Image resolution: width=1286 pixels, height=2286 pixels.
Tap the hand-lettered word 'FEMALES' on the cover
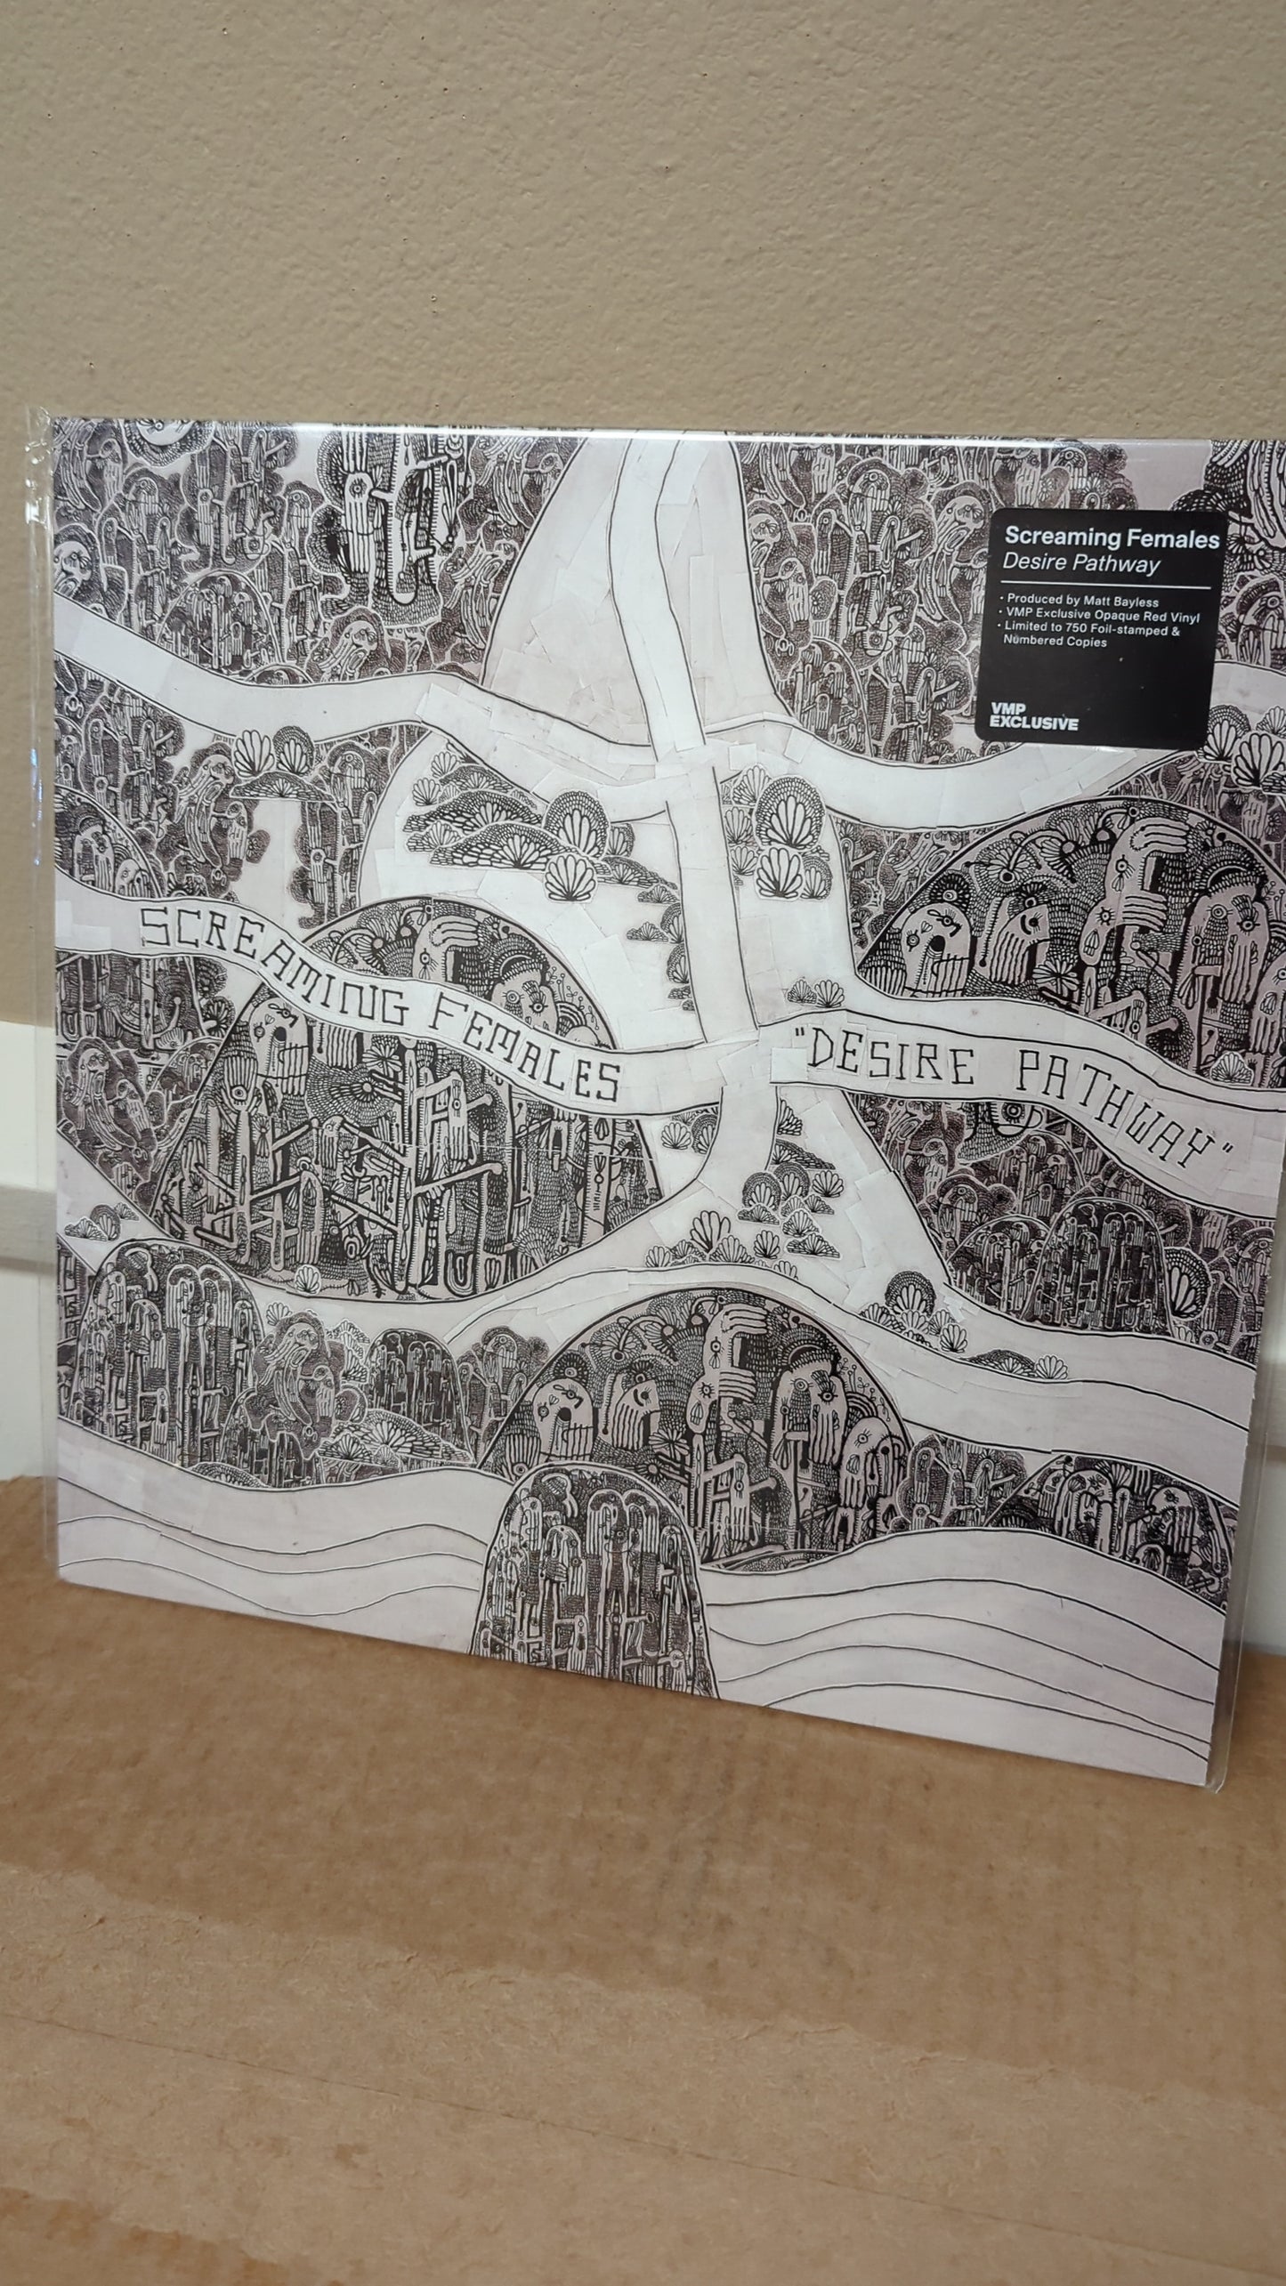[524, 1046]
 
